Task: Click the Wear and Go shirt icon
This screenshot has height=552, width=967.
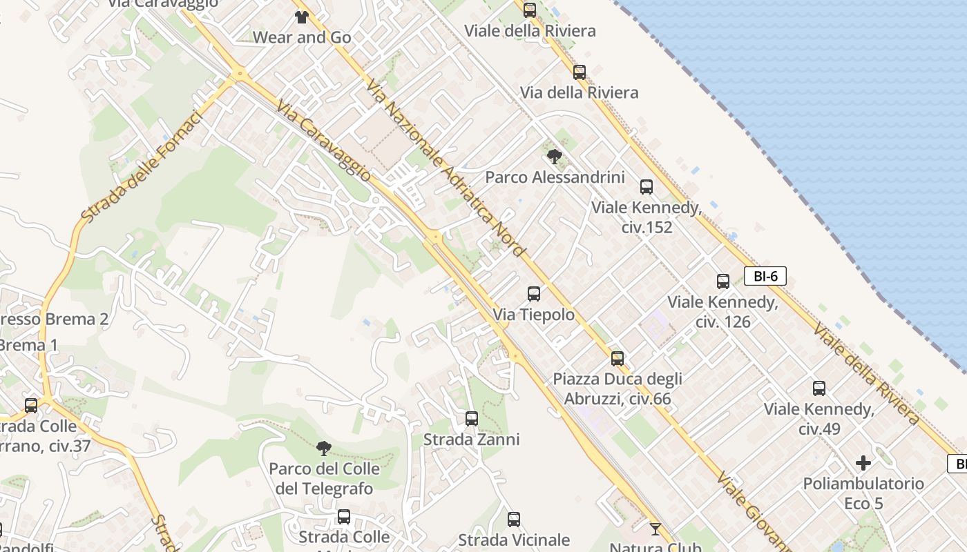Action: pos(301,17)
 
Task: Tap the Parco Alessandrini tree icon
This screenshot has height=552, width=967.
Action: pos(554,157)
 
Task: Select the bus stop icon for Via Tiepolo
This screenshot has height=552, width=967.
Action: pos(534,294)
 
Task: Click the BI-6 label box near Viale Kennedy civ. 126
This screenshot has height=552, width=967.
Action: pos(765,277)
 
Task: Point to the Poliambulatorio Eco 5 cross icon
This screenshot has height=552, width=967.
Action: pos(863,463)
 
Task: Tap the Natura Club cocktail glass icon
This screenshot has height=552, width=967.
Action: pos(655,529)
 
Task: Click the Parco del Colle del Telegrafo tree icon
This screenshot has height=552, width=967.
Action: pos(323,448)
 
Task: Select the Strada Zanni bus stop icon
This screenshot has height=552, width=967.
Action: pos(472,419)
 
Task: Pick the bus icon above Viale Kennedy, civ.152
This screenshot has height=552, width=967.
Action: pos(647,187)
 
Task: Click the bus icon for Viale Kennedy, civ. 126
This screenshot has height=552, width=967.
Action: pos(723,282)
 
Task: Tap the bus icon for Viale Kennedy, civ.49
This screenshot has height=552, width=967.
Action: pos(819,388)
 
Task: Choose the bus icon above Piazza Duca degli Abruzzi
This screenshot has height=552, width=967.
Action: pos(617,359)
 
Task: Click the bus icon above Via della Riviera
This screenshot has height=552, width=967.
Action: pos(580,72)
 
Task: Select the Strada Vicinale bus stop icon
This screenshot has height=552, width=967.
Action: pos(514,520)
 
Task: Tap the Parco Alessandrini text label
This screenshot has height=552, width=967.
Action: pos(555,177)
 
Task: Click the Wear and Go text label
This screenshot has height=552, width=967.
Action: pos(303,37)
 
